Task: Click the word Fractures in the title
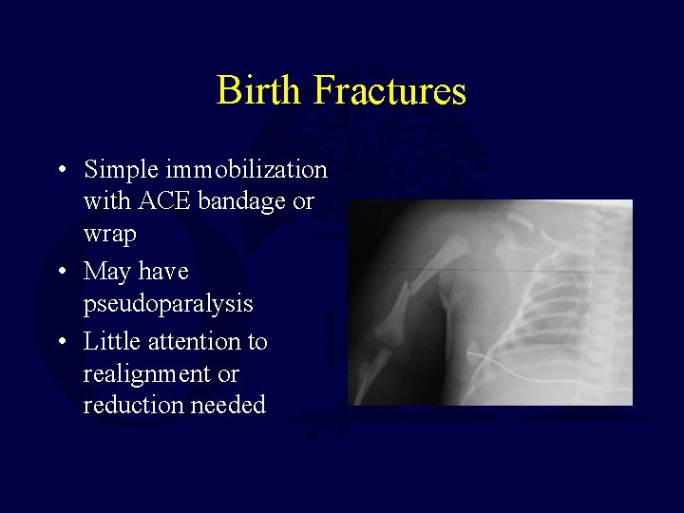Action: tap(389, 91)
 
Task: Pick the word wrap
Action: tap(109, 234)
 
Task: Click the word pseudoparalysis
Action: tap(168, 304)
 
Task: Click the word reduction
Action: tap(128, 406)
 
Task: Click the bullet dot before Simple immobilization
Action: tap(61, 171)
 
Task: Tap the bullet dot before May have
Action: tap(61, 273)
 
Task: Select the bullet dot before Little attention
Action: tap(61, 342)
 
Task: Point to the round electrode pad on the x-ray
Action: tap(474, 358)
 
